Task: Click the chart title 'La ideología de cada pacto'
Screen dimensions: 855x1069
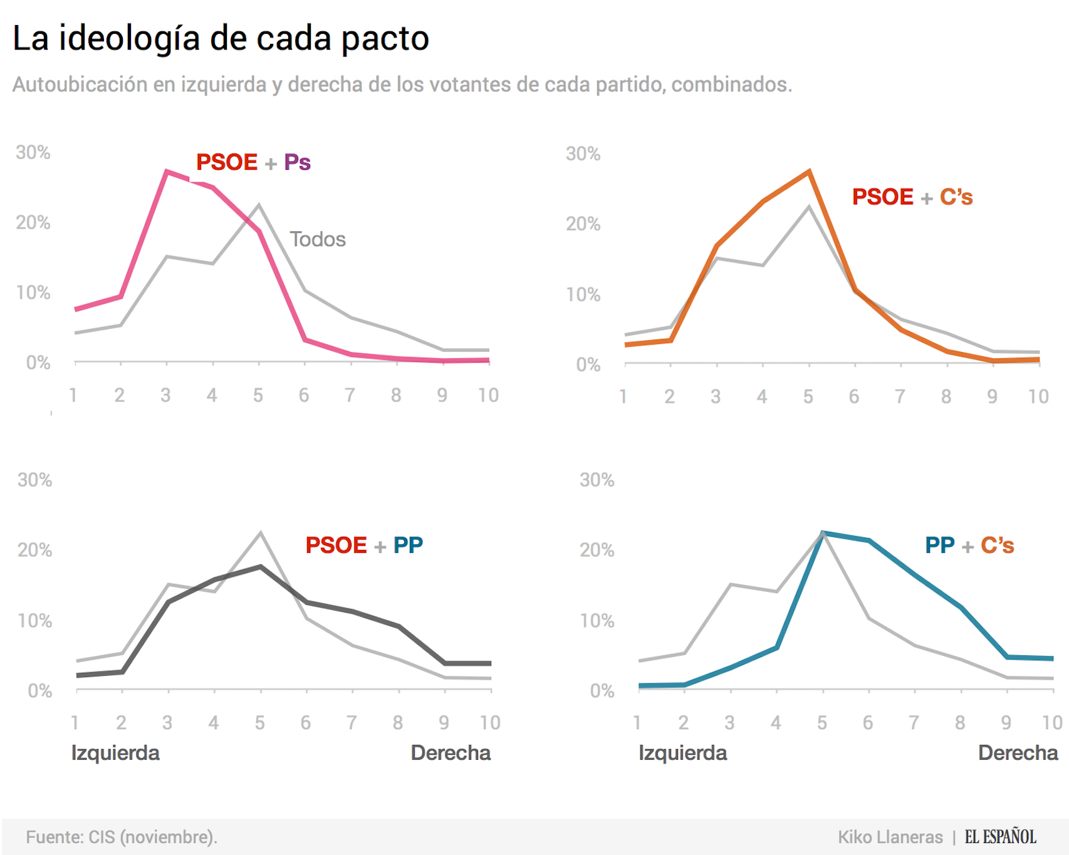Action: [x=221, y=39]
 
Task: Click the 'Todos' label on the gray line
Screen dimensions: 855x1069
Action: [x=317, y=239]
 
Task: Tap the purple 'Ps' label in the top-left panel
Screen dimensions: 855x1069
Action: [x=297, y=162]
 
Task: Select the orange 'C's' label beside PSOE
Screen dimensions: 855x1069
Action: [x=956, y=197]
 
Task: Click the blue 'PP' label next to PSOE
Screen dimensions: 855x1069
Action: [x=408, y=545]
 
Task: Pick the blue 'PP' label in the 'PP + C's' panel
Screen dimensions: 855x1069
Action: [x=939, y=545]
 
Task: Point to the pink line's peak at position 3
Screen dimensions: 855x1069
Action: [x=167, y=171]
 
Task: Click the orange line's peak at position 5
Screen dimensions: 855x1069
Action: [x=809, y=171]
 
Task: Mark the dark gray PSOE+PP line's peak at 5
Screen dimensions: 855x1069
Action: [x=261, y=566]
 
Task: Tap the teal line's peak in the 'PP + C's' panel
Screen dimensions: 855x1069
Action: [x=823, y=533]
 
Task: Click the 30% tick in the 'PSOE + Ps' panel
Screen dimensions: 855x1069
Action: [x=33, y=152]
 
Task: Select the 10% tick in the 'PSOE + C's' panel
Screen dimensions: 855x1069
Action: [x=583, y=294]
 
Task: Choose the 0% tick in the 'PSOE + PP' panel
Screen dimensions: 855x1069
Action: [x=39, y=691]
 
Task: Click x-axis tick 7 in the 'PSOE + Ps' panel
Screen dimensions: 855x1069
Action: [x=350, y=395]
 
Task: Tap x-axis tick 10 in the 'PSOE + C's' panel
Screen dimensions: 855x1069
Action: [x=1038, y=396]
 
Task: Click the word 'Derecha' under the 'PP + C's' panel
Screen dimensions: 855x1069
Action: [x=1018, y=753]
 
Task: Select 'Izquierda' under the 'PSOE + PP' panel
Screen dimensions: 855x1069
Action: [x=115, y=753]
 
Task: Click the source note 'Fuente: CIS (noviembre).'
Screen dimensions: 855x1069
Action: [x=122, y=837]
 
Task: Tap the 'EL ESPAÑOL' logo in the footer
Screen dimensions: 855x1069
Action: [x=1000, y=837]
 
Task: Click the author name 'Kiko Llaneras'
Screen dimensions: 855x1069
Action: [x=890, y=837]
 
